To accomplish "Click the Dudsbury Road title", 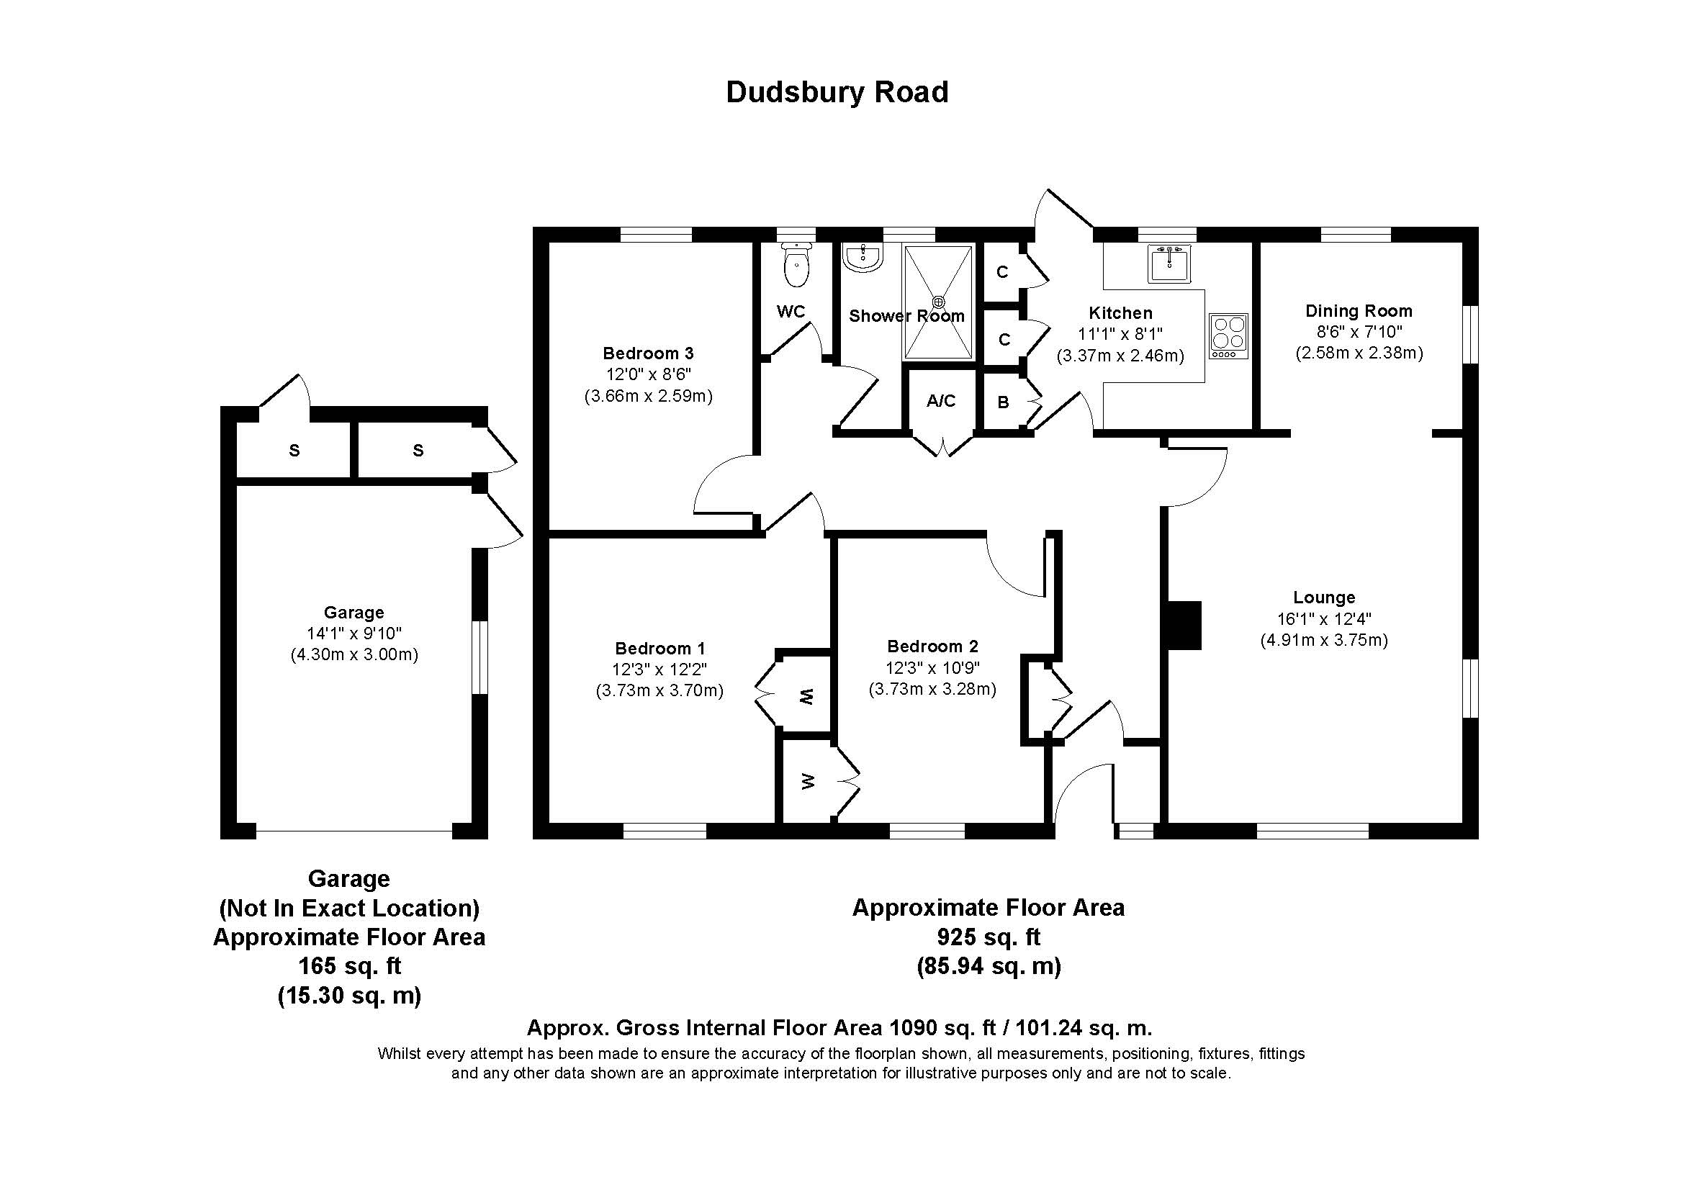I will point(837,92).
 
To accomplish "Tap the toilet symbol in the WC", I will point(796,267).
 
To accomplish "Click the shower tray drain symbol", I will point(939,302).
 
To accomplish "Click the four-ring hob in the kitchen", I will point(1228,335).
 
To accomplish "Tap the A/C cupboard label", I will point(941,401).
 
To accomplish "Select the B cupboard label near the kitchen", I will point(1003,402).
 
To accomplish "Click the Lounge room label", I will point(1324,597).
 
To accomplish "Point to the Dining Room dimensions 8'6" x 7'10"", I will point(1359,332).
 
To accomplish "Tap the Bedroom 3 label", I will point(648,353).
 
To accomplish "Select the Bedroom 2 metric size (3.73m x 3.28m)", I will point(932,689).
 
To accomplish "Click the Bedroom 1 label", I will point(659,648).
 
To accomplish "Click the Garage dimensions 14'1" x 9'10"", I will point(354,634).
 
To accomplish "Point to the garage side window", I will point(479,658).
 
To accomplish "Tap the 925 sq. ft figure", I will point(988,937).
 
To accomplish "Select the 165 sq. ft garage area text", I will point(349,966).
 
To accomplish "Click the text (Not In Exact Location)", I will point(349,909).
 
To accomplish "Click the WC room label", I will point(791,312).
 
